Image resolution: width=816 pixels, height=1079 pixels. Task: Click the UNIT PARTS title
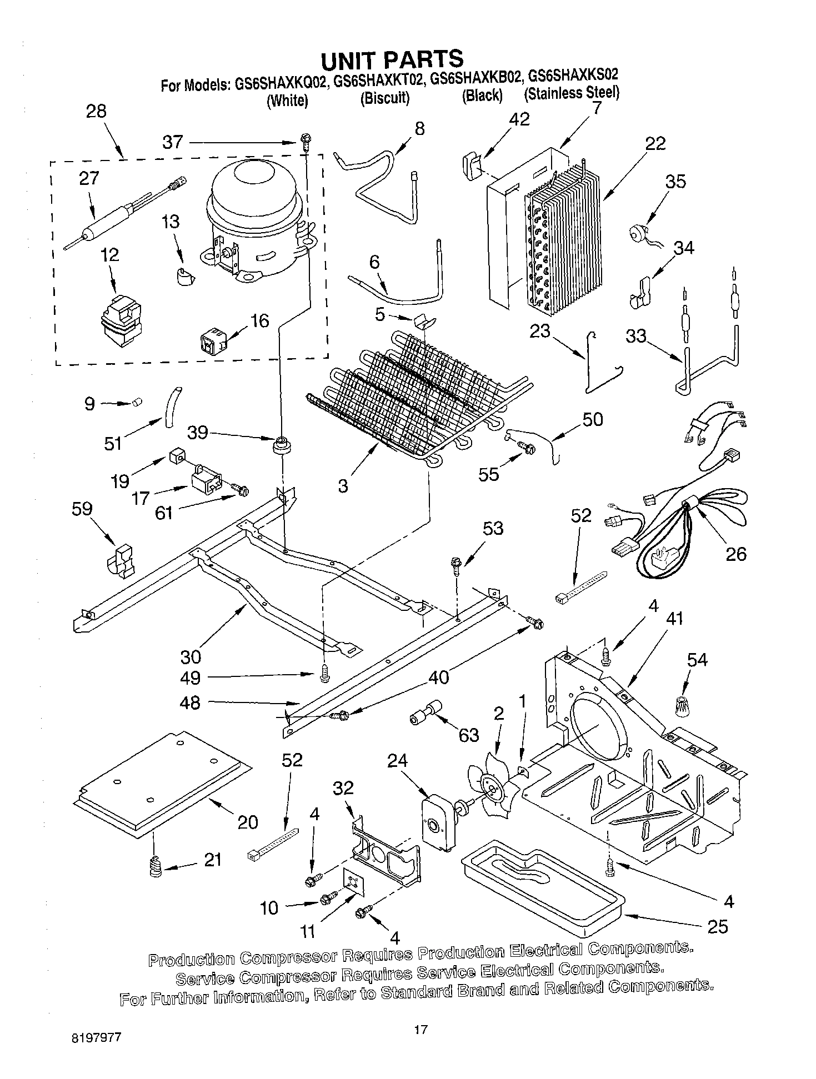pos(392,59)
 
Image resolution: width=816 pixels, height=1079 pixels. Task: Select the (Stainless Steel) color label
pos(572,93)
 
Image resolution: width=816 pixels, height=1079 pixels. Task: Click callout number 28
pos(96,112)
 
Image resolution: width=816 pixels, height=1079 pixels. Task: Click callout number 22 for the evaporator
pos(655,143)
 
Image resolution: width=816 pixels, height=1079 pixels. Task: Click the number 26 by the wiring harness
pos(736,554)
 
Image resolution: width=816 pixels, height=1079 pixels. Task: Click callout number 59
pos(82,509)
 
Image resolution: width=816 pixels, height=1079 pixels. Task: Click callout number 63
pos(469,735)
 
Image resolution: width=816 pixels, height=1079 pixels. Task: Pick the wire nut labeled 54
pos(679,706)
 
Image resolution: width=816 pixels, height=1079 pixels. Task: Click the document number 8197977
pos(96,1037)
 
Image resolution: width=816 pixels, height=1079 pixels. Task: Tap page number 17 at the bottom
pos(420,1030)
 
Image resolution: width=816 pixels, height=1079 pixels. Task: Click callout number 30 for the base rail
pos(191,657)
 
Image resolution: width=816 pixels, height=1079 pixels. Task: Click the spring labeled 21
pos(156,866)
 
